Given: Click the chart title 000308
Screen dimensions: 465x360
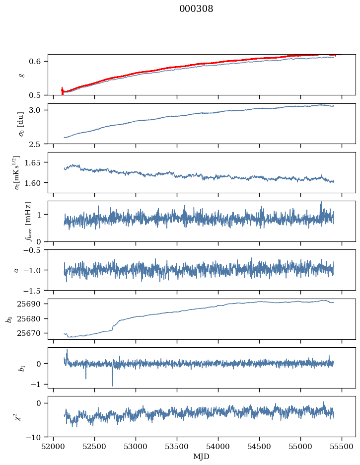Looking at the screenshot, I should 196,9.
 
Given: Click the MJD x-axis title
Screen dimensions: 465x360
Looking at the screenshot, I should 202,456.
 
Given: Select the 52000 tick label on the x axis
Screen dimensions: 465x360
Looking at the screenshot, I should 54,446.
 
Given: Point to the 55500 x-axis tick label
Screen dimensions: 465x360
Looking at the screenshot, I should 342,446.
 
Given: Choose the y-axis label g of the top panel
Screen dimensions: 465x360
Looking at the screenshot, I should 21,75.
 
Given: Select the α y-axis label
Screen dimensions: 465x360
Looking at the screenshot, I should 16,270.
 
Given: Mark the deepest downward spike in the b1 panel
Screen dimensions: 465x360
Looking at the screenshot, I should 112,385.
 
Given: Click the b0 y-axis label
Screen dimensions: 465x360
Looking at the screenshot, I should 8,318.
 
